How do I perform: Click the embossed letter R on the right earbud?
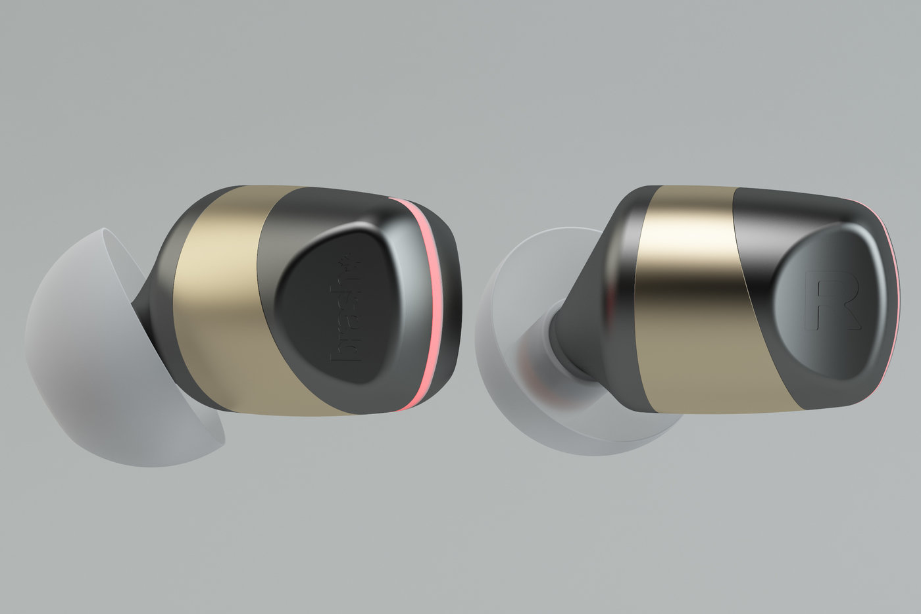click(830, 302)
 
